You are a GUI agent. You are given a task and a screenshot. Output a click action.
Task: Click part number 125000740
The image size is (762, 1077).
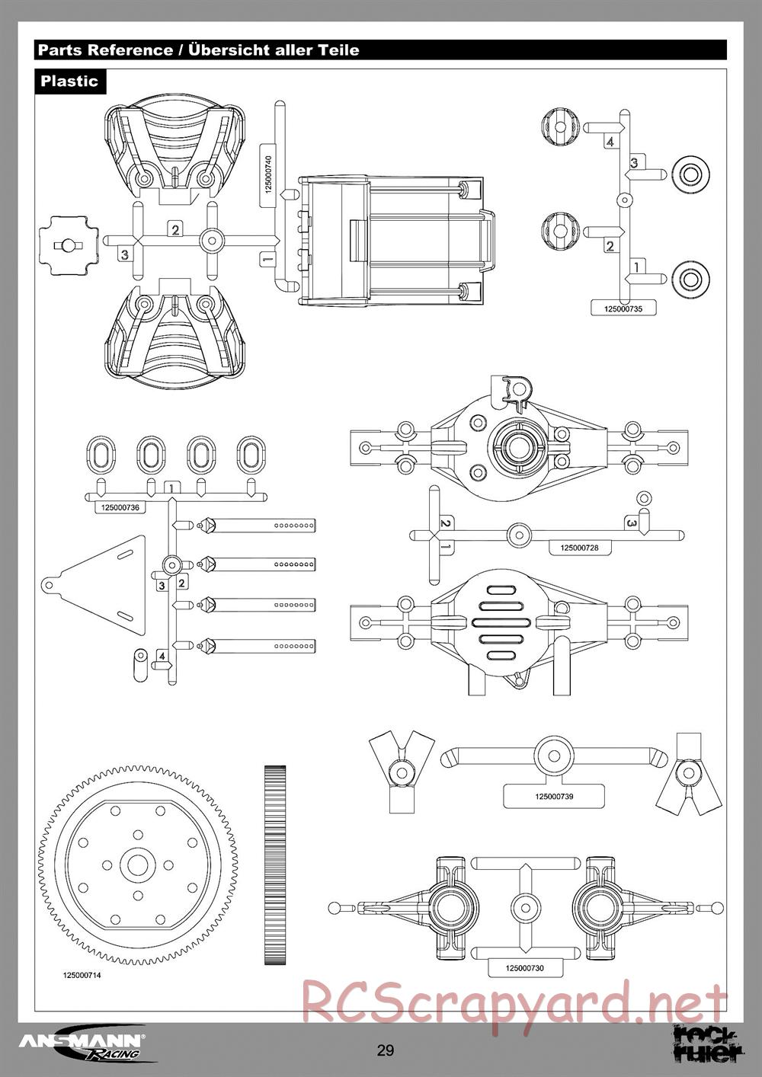point(268,174)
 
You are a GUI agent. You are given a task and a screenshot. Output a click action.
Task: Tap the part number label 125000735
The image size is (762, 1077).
point(623,309)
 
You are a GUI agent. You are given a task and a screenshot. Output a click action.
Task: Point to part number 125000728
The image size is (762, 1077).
point(579,548)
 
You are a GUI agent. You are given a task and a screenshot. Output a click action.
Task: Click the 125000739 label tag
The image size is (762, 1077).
point(554,797)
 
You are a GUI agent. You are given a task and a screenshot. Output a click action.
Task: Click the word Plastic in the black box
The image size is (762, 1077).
point(69,81)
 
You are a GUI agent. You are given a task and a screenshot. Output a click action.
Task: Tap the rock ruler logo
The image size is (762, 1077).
point(706,1043)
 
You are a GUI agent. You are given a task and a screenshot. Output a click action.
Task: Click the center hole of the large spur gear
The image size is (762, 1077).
point(138,865)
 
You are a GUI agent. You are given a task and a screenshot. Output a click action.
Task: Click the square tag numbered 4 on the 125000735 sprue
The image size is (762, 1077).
point(610,142)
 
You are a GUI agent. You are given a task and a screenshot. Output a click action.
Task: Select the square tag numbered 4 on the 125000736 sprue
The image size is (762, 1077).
point(162,656)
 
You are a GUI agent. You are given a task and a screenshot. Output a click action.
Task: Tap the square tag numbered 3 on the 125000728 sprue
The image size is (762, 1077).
point(632,523)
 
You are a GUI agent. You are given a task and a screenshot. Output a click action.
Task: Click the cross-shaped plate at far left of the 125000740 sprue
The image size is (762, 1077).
point(69,245)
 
